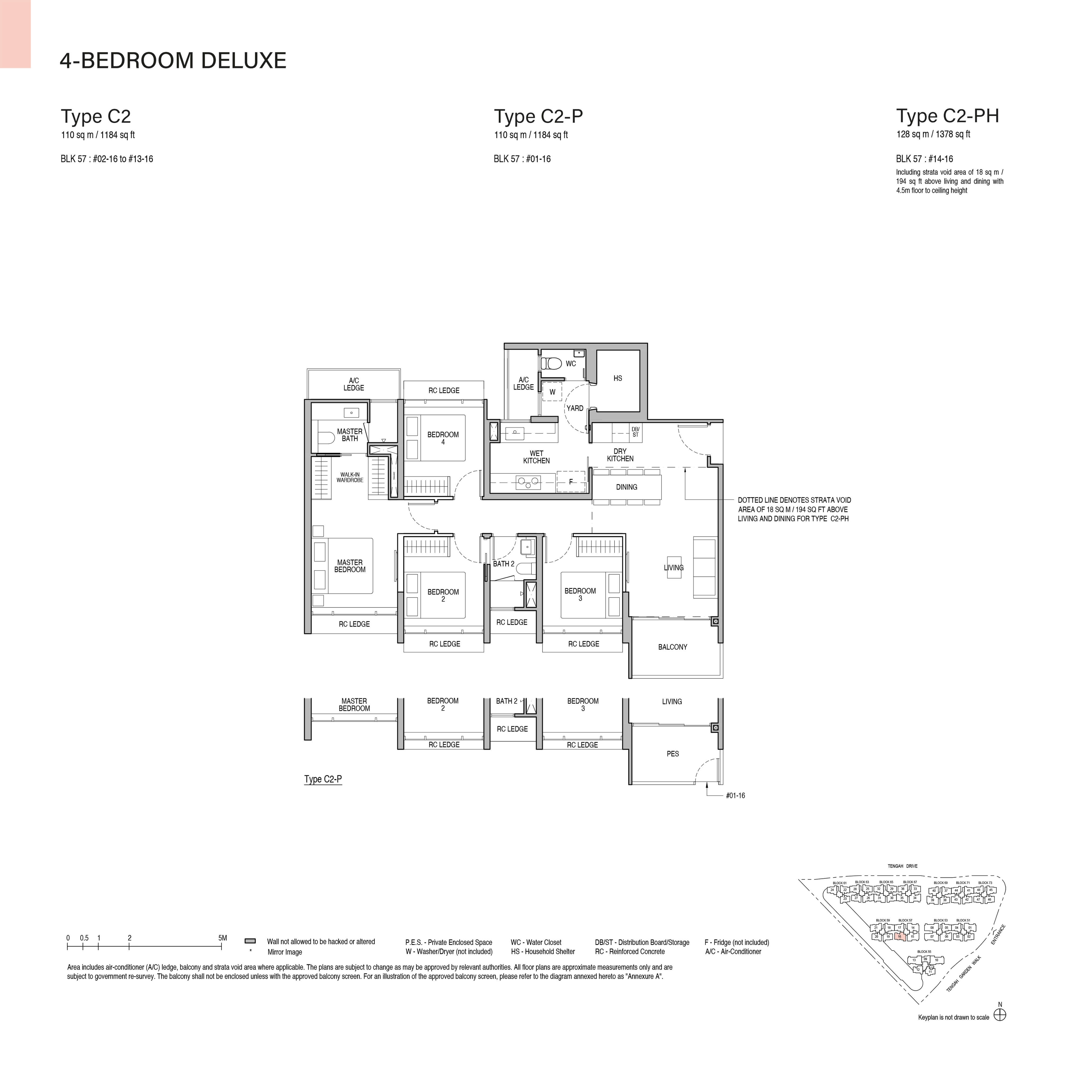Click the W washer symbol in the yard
pyautogui.click(x=552, y=392)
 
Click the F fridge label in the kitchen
pyautogui.click(x=571, y=482)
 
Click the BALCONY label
pyautogui.click(x=672, y=647)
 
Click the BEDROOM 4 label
pyautogui.click(x=443, y=438)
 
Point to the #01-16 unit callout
pyautogui.click(x=735, y=795)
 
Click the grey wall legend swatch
pyautogui.click(x=250, y=941)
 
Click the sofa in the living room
pyautogui.click(x=705, y=567)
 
